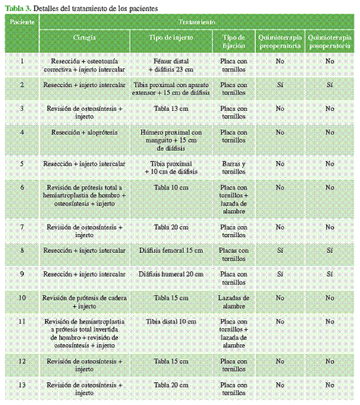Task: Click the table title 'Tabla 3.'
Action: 17,8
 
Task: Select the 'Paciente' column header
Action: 22,21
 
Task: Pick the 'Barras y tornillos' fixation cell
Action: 234,168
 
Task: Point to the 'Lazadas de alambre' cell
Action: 234,302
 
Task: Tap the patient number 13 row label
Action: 22,385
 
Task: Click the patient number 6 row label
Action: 22,187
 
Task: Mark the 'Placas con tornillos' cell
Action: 234,255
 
